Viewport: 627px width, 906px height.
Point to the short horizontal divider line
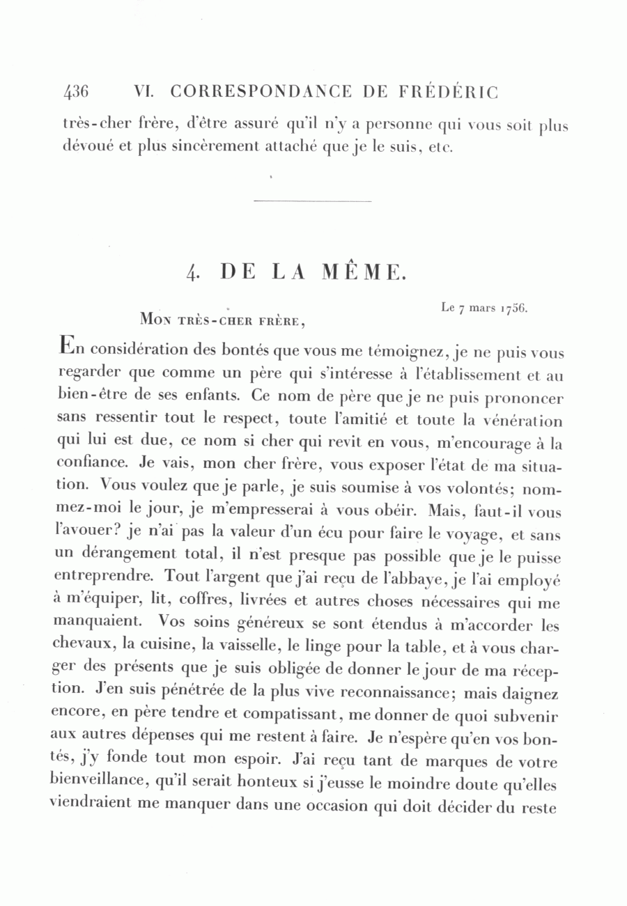313,202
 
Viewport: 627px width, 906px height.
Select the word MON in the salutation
156,321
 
